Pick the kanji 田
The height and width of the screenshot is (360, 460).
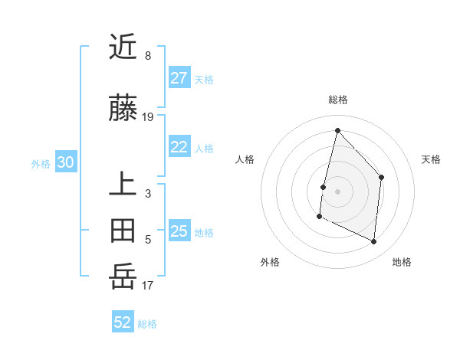[x=123, y=229]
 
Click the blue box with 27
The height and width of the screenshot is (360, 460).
[x=179, y=77]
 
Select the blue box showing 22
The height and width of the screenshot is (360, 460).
[x=179, y=147]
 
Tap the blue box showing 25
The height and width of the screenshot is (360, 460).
[x=179, y=231]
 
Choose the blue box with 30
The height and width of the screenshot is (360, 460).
[x=65, y=162]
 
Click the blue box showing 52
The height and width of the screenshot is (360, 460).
[x=123, y=322]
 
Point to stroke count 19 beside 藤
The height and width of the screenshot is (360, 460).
[x=148, y=117]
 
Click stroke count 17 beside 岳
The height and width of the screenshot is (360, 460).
[x=148, y=286]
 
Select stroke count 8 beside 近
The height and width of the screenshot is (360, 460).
[x=148, y=56]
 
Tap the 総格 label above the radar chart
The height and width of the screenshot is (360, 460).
[x=337, y=100]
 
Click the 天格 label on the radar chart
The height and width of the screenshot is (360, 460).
[x=432, y=159]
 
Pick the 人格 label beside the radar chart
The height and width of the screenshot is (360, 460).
[x=245, y=159]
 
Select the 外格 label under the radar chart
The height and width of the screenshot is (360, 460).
[x=270, y=262]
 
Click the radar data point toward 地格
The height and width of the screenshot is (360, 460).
[x=374, y=242]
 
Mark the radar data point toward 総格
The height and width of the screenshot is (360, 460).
[x=337, y=130]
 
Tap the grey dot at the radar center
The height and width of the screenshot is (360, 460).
[x=337, y=191]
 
